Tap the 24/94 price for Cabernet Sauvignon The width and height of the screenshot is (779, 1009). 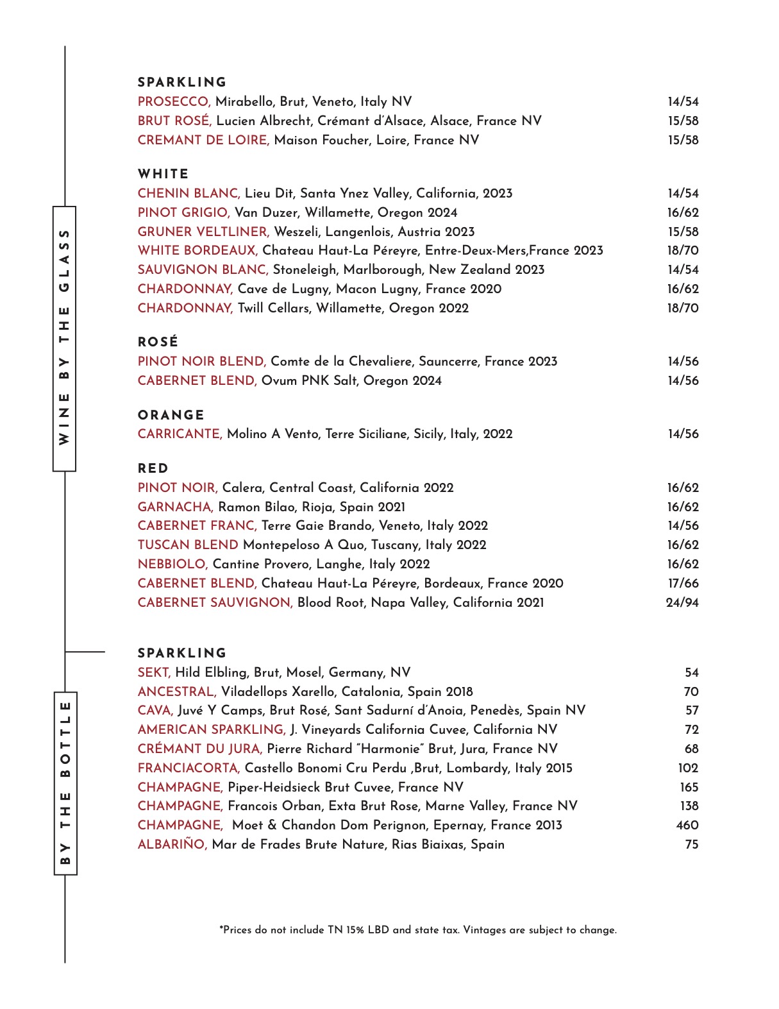[x=682, y=603]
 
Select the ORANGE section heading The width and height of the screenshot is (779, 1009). [x=171, y=415]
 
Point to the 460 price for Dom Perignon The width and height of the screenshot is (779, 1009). [x=687, y=826]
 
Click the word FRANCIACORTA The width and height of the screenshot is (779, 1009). [x=188, y=768]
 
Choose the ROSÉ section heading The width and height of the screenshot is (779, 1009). [x=158, y=343]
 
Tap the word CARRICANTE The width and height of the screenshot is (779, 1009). [x=180, y=434]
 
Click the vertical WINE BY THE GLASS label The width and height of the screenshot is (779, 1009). [x=64, y=338]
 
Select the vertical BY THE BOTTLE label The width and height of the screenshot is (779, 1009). [x=65, y=783]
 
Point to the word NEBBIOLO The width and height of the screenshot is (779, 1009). [x=172, y=564]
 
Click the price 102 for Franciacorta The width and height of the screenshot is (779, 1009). [x=688, y=768]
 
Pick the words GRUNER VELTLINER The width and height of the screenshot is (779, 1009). [x=203, y=232]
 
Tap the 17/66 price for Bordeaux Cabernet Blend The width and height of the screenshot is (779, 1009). [x=683, y=584]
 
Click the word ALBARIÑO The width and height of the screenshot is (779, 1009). [x=172, y=845]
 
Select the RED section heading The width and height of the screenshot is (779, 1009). [x=153, y=468]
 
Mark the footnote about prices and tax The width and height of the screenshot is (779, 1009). [x=418, y=930]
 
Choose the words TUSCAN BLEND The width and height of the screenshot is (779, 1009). [x=188, y=545]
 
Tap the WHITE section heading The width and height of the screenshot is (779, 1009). [x=163, y=174]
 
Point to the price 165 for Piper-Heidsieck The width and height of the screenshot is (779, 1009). [x=689, y=788]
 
